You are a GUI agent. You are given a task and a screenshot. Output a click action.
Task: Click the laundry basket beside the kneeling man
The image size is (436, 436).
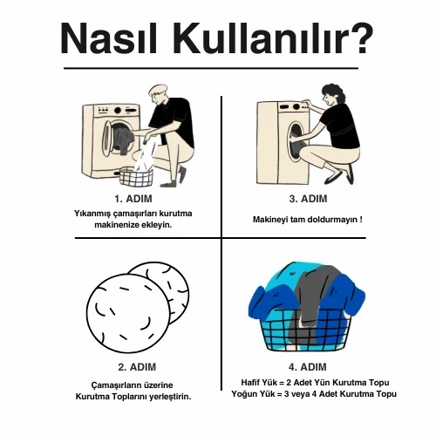[136, 176]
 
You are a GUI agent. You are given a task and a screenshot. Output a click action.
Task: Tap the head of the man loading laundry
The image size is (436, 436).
[158, 93]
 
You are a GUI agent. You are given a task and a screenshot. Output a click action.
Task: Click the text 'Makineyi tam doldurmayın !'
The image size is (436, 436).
[307, 219]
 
